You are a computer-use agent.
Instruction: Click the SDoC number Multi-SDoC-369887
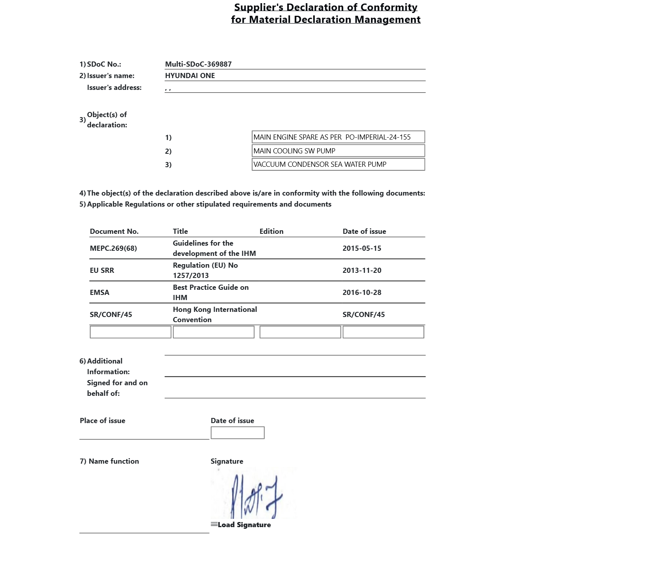click(x=198, y=64)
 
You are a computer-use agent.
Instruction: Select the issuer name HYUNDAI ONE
click(x=190, y=76)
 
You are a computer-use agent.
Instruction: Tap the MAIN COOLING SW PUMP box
click(x=338, y=151)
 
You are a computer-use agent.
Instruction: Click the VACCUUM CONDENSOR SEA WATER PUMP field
click(x=338, y=164)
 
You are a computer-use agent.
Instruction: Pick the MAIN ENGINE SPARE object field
click(x=338, y=137)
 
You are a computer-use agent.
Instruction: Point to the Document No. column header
click(x=114, y=231)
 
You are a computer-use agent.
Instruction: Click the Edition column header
click(x=271, y=231)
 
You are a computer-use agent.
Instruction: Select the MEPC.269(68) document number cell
click(x=113, y=248)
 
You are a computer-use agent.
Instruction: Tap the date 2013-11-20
click(x=362, y=270)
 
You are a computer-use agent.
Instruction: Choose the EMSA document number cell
click(x=100, y=293)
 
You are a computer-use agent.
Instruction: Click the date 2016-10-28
click(x=362, y=293)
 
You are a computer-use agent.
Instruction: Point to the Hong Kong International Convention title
click(x=215, y=315)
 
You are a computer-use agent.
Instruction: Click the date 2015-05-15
click(x=362, y=248)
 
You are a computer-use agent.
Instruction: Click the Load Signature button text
click(x=244, y=525)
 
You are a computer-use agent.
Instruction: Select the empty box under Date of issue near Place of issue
click(x=238, y=433)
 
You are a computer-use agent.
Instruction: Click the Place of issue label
click(x=102, y=421)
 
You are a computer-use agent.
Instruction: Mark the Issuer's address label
click(x=114, y=88)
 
